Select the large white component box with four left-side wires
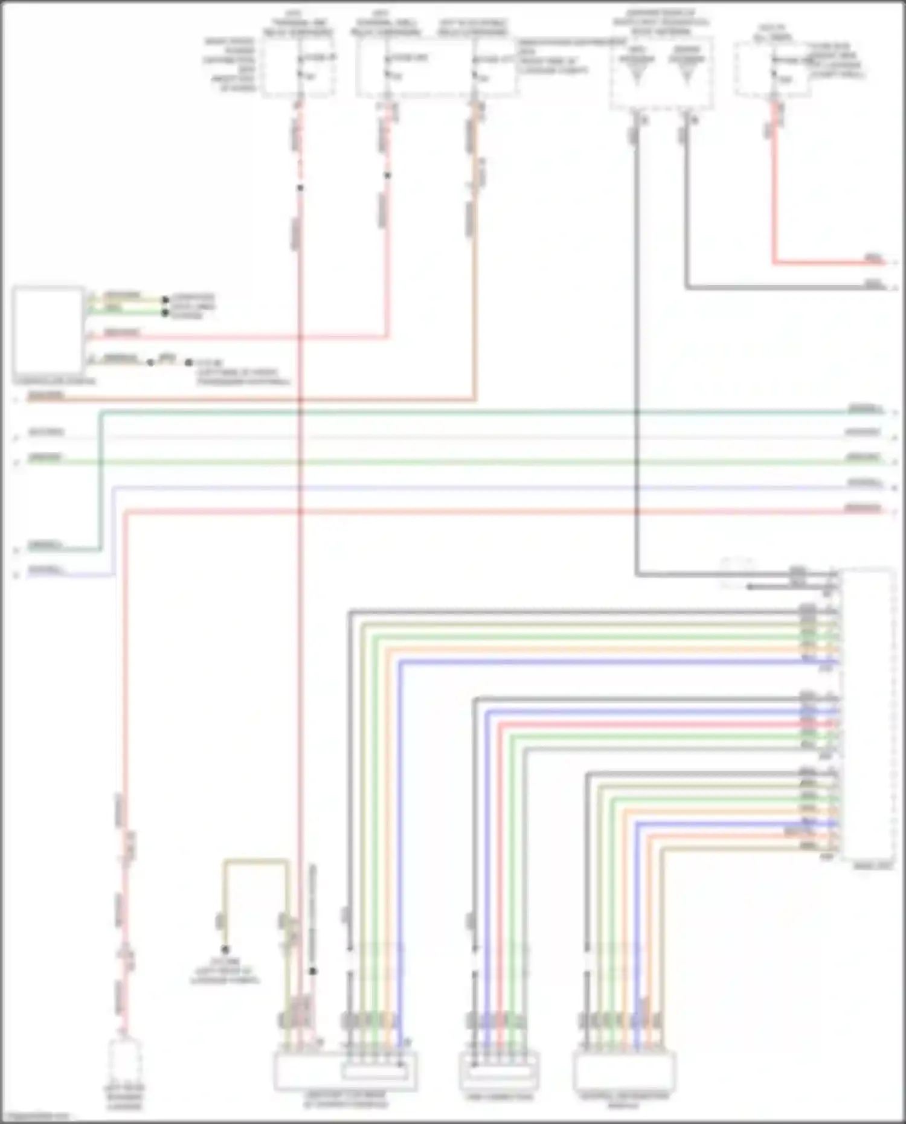click(48, 331)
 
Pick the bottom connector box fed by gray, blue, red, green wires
click(498, 1072)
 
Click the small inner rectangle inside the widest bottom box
click(374, 1072)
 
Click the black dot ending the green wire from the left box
click(165, 313)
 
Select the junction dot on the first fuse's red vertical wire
click(300, 188)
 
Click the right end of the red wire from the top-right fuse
click(883, 263)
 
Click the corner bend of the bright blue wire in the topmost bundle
click(399, 663)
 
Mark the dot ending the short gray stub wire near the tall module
click(749, 586)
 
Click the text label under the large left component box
click(54, 381)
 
